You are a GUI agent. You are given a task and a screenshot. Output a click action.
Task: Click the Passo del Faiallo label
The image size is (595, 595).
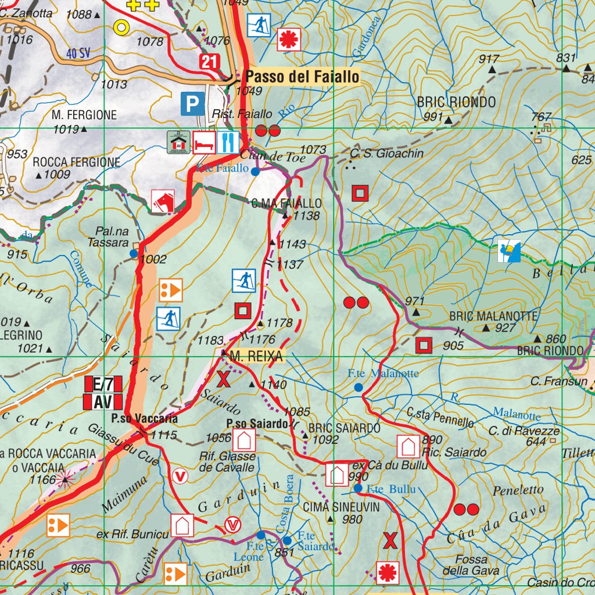click(x=302, y=76)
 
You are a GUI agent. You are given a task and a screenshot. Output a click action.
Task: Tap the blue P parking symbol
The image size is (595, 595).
click(x=192, y=104)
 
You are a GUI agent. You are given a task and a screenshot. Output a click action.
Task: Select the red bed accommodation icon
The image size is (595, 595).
click(x=203, y=142)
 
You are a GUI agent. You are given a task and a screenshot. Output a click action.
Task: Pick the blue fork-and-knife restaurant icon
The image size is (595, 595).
click(x=228, y=142)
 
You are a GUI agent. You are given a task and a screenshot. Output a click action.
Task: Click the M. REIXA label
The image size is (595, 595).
click(x=256, y=357)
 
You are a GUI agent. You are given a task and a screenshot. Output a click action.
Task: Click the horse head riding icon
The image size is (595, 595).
click(x=163, y=201)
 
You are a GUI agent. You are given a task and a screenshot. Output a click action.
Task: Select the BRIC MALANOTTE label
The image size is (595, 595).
click(x=494, y=316)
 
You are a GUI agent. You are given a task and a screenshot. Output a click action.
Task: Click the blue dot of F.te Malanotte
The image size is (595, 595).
click(x=359, y=387)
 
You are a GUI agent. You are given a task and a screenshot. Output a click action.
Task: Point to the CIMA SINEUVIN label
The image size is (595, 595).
click(x=342, y=507)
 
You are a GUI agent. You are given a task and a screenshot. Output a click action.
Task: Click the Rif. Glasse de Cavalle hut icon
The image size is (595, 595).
click(x=244, y=440)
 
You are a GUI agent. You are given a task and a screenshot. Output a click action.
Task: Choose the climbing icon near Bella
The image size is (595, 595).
click(x=508, y=250)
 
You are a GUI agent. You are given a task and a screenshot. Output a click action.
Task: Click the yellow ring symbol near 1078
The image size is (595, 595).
click(x=122, y=26)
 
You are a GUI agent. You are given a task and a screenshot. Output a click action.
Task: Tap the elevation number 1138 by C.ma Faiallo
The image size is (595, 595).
click(x=307, y=216)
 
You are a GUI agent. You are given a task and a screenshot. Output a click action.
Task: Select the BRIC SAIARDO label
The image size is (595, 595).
click(x=345, y=428)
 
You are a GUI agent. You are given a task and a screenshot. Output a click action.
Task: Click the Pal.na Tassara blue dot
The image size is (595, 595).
click(x=134, y=253)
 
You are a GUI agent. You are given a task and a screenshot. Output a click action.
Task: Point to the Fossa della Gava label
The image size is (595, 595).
click(x=471, y=565)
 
